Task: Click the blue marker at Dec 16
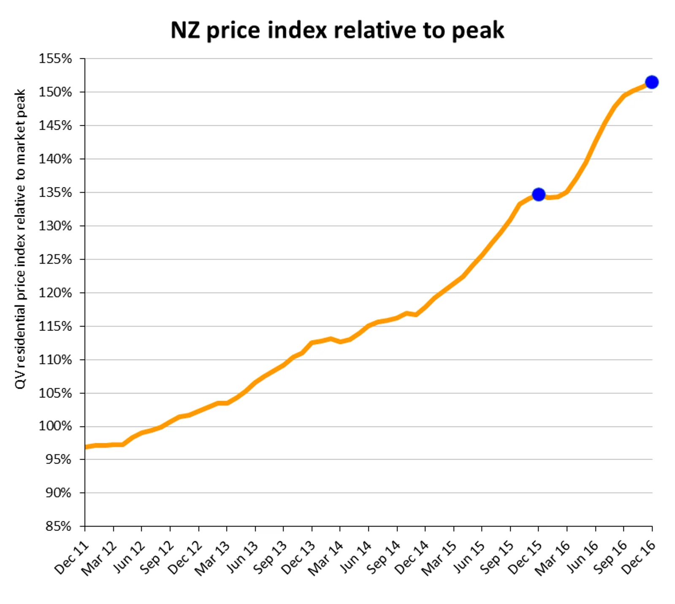pos(651,82)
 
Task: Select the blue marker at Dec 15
pos(538,195)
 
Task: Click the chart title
pos(337,30)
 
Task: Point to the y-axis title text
pos(20,238)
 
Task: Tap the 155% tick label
pos(55,59)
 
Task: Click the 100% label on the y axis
pos(55,426)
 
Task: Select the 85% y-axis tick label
pos(58,526)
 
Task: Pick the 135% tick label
pos(55,192)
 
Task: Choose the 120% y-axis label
pos(55,293)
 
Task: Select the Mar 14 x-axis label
pos(325,558)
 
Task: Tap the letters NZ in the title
pos(185,30)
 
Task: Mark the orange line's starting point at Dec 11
pos(86,447)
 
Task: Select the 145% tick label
pos(55,125)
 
